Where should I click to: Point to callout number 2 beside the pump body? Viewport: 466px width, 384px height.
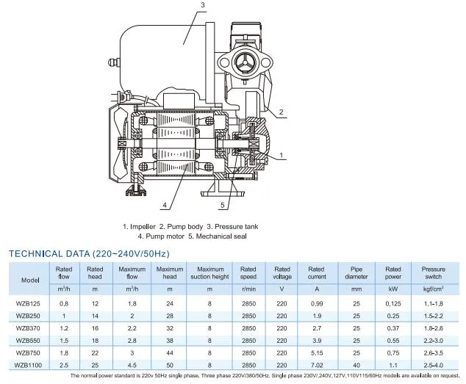tap(280, 112)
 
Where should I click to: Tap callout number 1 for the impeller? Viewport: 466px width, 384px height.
tap(281, 156)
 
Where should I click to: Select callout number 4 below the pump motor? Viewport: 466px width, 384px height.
tap(165, 205)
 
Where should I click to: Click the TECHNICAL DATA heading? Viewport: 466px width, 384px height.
tap(89, 253)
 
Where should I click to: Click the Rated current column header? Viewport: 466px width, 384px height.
tap(316, 273)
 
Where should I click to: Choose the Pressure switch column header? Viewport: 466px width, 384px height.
tap(434, 273)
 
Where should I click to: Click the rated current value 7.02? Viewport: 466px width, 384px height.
tap(316, 364)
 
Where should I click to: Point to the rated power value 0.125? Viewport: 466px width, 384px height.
tap(393, 303)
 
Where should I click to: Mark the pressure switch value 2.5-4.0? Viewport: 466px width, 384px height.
tap(434, 364)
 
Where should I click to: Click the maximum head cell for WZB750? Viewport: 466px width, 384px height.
tap(170, 352)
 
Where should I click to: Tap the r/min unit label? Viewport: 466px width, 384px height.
tap(248, 289)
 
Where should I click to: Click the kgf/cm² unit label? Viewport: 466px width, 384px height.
tap(434, 289)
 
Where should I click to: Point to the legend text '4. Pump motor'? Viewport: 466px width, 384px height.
tap(164, 236)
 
